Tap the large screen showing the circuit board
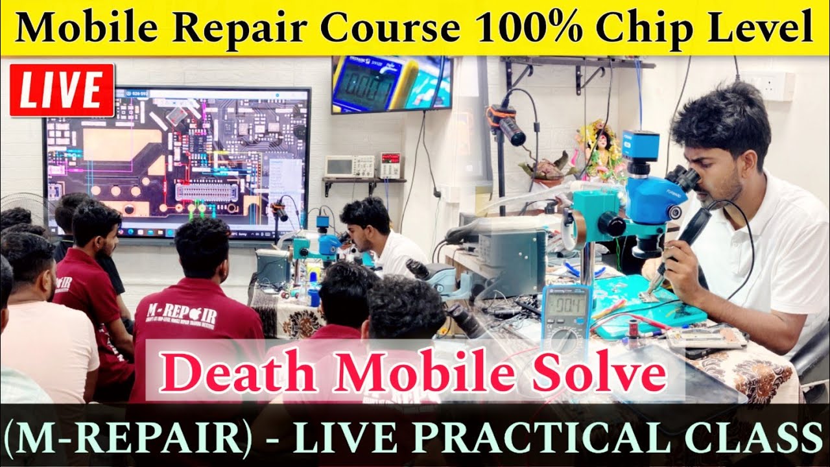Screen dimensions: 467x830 [x=176, y=162]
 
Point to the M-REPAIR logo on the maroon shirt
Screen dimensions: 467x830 [x=183, y=315]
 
